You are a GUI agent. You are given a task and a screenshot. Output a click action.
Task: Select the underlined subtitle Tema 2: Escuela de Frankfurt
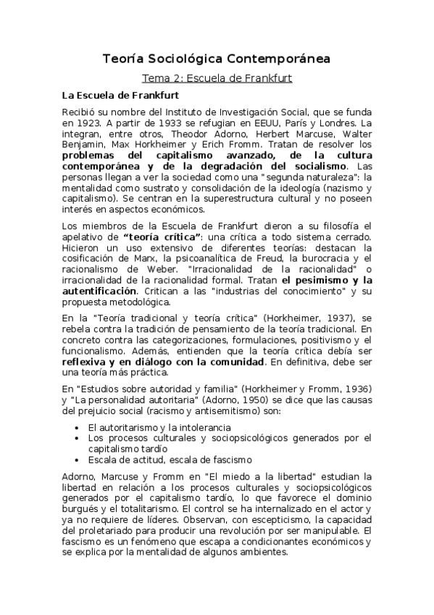click(x=217, y=77)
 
